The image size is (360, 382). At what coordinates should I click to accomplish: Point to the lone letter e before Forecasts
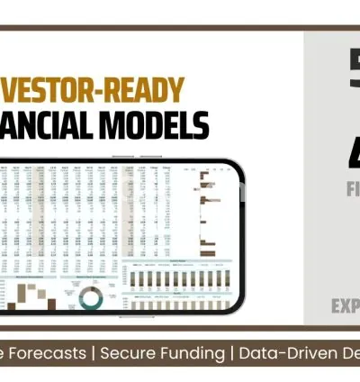(x=5, y=354)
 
